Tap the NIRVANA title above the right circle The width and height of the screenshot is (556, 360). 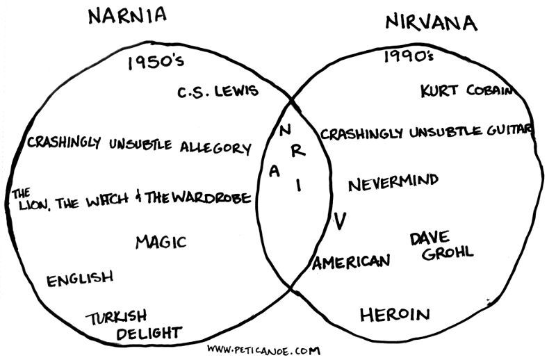431,24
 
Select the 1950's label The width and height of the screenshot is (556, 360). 156,63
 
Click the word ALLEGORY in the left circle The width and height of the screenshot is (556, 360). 215,147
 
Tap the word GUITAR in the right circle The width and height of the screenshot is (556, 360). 508,130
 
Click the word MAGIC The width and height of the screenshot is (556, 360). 161,242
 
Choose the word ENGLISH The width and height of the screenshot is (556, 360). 79,279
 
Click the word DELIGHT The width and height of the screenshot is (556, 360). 148,333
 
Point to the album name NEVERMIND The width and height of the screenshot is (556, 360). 393,183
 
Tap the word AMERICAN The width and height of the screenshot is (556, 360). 351,262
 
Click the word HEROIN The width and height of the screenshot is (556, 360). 395,315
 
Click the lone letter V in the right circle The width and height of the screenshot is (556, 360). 339,222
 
